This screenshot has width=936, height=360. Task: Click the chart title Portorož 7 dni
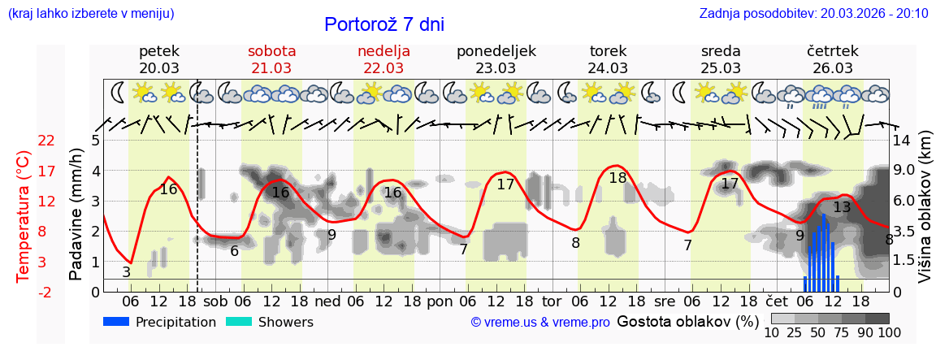click(x=383, y=24)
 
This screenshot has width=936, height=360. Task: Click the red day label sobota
click(x=271, y=50)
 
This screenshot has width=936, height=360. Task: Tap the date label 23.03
click(x=496, y=68)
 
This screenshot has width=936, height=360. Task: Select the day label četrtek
click(x=833, y=50)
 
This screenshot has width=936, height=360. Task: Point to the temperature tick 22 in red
click(x=46, y=141)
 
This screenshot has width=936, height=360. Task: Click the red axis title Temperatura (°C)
click(x=24, y=216)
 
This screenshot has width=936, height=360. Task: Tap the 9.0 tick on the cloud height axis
click(x=905, y=171)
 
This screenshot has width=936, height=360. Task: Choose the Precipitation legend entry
click(x=160, y=322)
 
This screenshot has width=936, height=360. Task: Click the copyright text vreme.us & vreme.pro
click(x=540, y=323)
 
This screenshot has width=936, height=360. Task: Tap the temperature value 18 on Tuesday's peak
click(x=617, y=177)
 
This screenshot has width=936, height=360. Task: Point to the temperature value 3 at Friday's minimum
click(x=126, y=272)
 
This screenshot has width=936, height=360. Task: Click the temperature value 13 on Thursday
click(x=842, y=207)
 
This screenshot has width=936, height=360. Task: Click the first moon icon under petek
click(x=119, y=93)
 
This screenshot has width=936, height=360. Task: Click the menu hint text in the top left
click(x=91, y=13)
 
